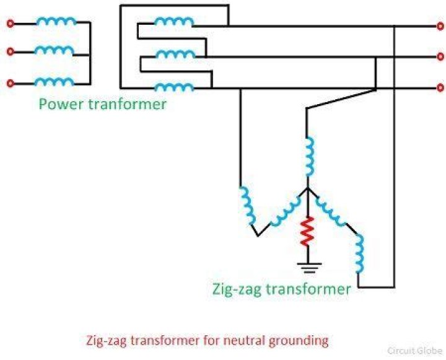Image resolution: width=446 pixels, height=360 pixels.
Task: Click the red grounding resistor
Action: (305, 232)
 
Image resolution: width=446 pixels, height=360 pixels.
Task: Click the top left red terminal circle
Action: (10, 24)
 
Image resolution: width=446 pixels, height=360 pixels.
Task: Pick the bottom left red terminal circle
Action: (10, 83)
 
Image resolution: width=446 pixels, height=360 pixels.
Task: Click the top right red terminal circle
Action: (440, 27)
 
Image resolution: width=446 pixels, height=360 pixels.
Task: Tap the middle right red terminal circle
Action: (440, 57)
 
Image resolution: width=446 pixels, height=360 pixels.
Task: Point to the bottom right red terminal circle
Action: (440, 88)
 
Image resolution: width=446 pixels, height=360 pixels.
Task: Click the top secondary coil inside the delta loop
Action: (173, 23)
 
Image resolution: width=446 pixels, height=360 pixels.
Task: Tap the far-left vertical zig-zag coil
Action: (248, 204)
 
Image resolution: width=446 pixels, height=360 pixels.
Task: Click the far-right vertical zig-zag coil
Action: (359, 255)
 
